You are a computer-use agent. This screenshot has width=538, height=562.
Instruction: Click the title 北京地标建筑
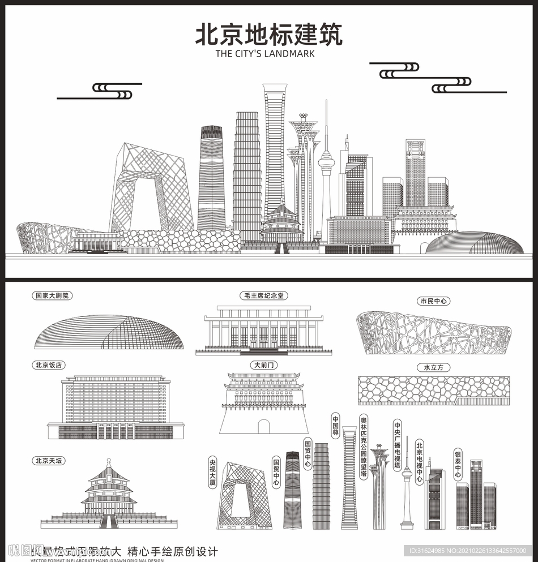268,34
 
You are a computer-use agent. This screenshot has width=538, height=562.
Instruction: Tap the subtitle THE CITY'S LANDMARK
265,54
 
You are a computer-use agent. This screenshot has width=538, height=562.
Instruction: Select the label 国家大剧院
54,295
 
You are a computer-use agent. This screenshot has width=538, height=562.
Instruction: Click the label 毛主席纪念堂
264,295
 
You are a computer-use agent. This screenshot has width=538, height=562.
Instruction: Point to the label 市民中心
433,301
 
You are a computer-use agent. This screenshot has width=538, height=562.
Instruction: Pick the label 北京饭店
48,365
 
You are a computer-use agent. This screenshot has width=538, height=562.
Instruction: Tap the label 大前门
264,365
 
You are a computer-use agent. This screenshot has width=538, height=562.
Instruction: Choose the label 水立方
433,367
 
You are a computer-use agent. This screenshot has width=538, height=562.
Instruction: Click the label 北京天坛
48,461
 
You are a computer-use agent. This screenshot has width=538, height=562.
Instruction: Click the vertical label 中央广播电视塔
398,445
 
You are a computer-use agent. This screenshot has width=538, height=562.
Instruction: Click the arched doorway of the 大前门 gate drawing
264,426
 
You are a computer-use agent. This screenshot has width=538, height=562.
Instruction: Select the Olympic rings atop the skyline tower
303,117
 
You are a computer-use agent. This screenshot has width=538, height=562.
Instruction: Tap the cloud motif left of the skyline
113,91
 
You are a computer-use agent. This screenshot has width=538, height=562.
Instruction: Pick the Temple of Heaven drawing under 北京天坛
109,496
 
